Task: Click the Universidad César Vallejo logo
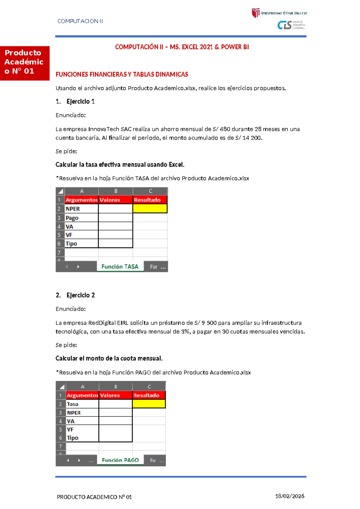tap(279, 13)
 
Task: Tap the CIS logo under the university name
tap(291, 25)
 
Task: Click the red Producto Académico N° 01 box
tap(25, 63)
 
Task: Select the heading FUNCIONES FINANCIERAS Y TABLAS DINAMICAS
tap(122, 74)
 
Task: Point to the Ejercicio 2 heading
tap(80, 295)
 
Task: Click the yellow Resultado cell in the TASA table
tap(150, 209)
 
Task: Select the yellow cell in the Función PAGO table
tap(149, 404)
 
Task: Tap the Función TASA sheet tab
tap(120, 267)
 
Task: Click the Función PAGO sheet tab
tap(120, 460)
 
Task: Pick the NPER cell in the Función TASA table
tap(81, 209)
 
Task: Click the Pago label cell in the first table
tap(81, 218)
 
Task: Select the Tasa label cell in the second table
tap(82, 404)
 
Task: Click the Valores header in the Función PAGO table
tap(115, 395)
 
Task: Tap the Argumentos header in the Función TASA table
tap(81, 200)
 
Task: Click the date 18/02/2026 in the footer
tap(289, 496)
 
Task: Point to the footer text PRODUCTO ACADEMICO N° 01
tap(94, 497)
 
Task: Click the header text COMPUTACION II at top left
tap(80, 21)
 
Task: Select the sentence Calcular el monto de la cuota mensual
tap(109, 358)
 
